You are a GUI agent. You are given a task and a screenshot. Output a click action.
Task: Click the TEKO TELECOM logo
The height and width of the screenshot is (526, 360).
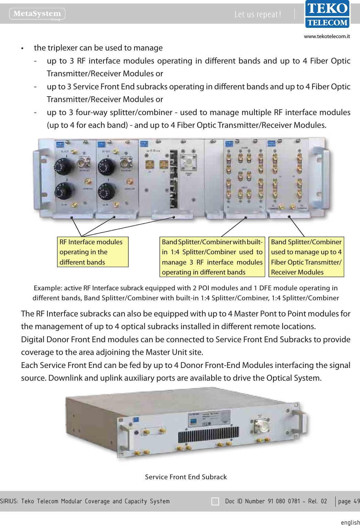tap(327, 14)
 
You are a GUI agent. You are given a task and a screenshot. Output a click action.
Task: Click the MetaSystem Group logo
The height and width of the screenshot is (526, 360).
tap(37, 14)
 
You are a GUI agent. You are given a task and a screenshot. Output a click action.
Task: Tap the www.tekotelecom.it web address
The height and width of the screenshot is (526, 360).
tap(327, 36)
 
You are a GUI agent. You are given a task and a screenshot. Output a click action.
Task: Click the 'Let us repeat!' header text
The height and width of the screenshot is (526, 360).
tap(258, 14)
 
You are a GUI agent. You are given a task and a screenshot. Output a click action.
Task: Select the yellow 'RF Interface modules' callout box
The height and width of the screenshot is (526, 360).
tap(92, 252)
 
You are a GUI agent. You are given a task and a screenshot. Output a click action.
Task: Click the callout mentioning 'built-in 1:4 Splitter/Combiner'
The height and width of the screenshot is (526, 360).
tap(212, 257)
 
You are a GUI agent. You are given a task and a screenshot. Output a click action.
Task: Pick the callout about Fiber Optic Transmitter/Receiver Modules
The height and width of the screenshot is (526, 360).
tap(306, 257)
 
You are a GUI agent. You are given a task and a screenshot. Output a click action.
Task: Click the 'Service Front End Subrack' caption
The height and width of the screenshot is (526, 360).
tap(186, 477)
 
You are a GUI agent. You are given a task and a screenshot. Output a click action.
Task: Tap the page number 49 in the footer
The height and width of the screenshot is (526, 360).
tap(357, 501)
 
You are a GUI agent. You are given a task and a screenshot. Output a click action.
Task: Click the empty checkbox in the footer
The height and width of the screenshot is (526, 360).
tap(215, 501)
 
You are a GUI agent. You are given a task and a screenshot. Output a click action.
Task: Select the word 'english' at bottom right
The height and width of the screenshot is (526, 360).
tap(350, 522)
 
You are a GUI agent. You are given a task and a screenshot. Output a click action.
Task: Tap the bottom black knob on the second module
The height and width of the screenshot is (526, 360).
tap(106, 191)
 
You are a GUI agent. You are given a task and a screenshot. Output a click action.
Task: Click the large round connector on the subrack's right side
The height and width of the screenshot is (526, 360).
tap(261, 426)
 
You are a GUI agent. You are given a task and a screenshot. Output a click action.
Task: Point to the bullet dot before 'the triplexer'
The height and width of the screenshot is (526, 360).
tap(22, 48)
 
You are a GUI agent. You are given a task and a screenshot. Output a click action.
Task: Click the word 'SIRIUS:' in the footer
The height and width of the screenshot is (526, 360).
tap(9, 501)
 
